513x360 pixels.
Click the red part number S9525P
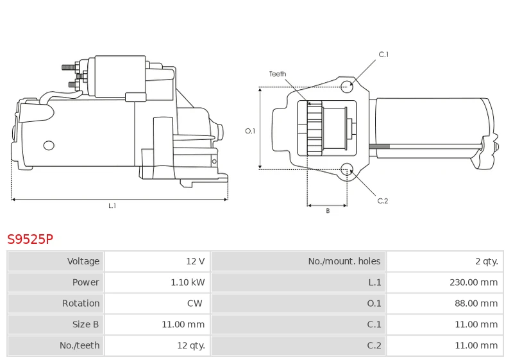tap(30, 239)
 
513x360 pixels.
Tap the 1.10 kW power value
tap(187, 282)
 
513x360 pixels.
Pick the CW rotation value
tap(195, 303)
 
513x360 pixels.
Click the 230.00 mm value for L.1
tap(473, 282)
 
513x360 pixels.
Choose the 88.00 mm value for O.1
tap(476, 303)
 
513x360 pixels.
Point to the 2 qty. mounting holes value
tap(487, 261)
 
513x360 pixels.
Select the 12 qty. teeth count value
tap(190, 345)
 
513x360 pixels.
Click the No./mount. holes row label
tap(344, 261)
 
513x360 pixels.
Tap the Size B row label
tap(85, 324)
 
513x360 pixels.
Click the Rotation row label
tap(81, 303)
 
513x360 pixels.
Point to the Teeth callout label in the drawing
tap(278, 74)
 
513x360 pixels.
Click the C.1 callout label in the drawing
tap(383, 55)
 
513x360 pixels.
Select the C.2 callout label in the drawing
tap(382, 201)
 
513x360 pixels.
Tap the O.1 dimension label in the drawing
tap(250, 131)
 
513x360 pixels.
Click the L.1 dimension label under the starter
tap(112, 206)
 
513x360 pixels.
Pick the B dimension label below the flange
tap(328, 211)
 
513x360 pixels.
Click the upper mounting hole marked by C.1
tap(347, 87)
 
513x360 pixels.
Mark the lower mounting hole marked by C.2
tap(347, 169)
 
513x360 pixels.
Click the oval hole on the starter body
tap(49, 146)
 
